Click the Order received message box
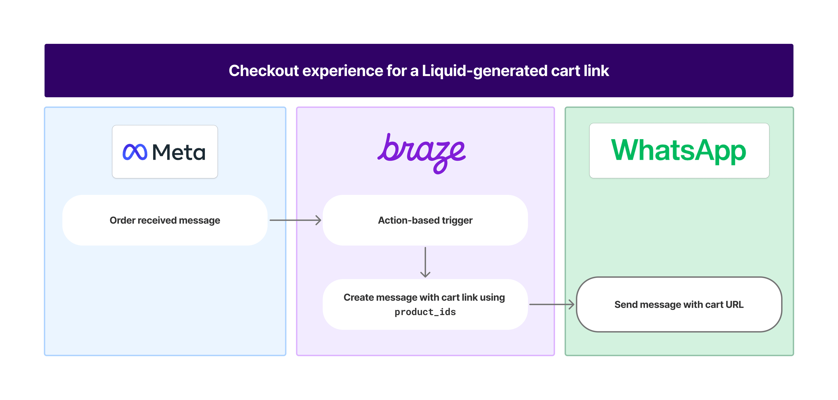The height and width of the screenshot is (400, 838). coord(165,220)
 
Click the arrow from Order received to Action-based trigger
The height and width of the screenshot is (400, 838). coord(295,220)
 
